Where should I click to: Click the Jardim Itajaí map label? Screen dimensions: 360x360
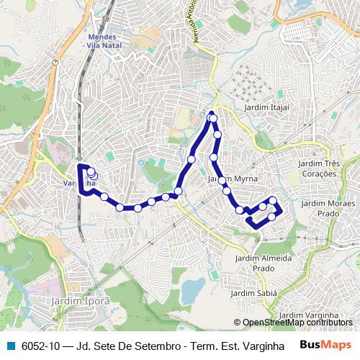pos(266,107)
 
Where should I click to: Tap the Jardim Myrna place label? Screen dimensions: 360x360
pos(233,179)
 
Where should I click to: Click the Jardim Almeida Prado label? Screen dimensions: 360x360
pos(264,263)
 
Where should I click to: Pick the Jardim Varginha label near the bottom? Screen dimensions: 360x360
pos(308,315)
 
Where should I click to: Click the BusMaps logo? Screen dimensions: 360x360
pos(325,345)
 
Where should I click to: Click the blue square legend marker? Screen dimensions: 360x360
pos(9,346)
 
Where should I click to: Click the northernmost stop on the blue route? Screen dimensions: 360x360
pos(212,115)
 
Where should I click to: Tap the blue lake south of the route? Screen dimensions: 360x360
pos(192,290)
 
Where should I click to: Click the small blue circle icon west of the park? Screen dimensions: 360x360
pos(142,163)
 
